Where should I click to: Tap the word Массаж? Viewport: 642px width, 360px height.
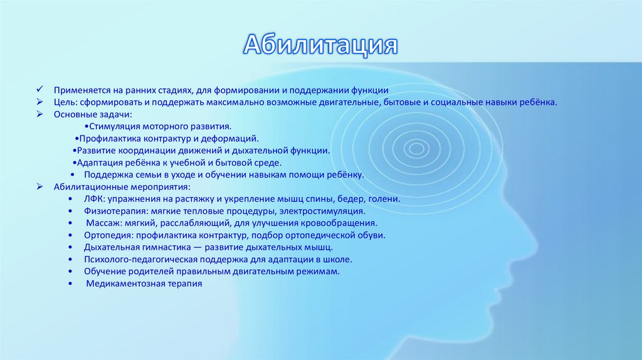point(102,223)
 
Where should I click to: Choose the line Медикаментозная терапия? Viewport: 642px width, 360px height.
point(144,284)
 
